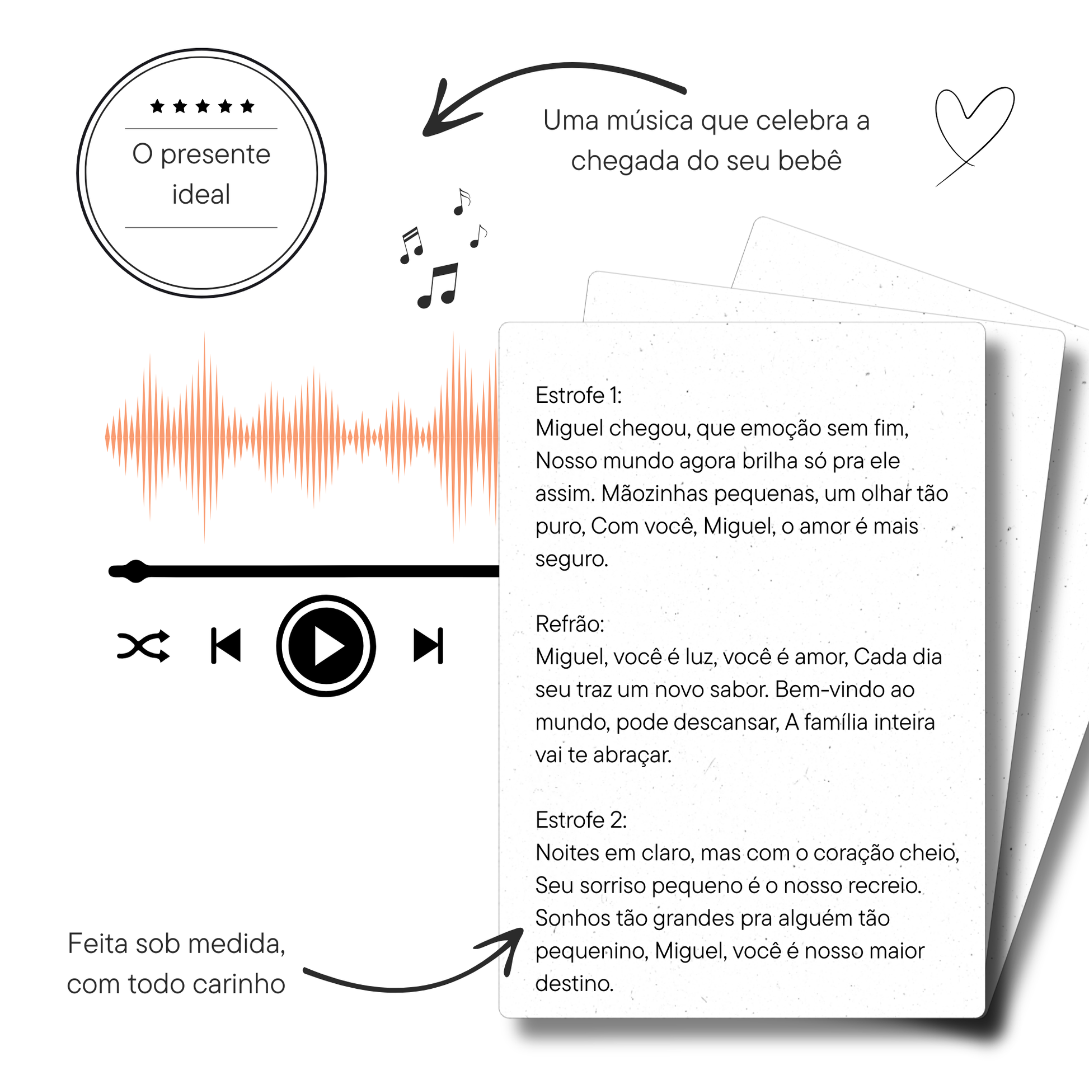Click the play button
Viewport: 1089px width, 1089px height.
tap(326, 646)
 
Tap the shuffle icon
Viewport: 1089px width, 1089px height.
tap(144, 646)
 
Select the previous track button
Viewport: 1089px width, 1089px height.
tap(226, 646)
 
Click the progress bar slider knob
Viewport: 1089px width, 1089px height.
tap(135, 571)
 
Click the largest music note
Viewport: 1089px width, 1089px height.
tap(438, 286)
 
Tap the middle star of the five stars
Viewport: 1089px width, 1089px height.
tap(203, 106)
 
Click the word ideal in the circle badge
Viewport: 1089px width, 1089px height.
tap(201, 195)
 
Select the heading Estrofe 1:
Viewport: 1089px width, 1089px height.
tap(579, 396)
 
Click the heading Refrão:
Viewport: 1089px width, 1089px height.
tap(570, 624)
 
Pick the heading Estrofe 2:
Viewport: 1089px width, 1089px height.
tap(581, 820)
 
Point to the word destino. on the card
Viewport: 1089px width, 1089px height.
tap(574, 984)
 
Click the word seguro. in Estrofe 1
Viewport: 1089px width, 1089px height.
tap(571, 560)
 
